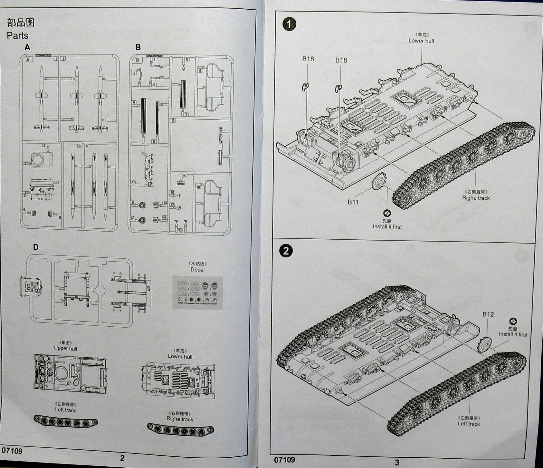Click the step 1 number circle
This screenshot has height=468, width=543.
[289, 25]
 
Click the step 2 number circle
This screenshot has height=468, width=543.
[286, 251]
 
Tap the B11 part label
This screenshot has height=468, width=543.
[353, 202]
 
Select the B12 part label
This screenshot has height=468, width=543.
[488, 314]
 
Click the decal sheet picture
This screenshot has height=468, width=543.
[197, 293]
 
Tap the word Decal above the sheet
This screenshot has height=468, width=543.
[197, 270]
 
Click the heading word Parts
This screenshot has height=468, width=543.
[17, 35]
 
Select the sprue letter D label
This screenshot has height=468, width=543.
[36, 247]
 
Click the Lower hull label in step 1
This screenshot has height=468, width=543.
[421, 41]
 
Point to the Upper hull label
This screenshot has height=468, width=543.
[65, 348]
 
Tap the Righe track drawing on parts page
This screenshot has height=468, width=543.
[180, 429]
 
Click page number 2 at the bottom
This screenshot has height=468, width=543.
[122, 458]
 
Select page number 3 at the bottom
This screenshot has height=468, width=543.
[397, 462]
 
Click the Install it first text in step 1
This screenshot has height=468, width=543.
[387, 227]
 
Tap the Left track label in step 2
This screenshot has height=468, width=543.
[469, 424]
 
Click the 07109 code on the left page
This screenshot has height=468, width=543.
[12, 451]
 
